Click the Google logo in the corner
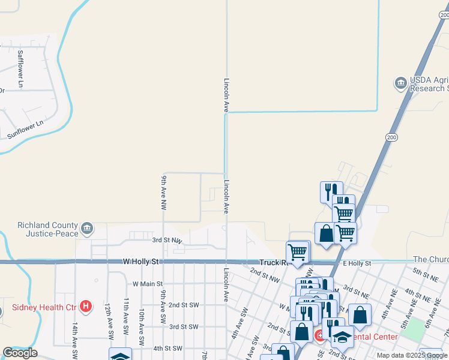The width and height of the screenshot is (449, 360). (x=20, y=353)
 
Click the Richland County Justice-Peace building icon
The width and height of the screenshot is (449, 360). (x=87, y=228)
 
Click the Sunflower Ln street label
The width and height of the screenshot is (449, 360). (x=26, y=130)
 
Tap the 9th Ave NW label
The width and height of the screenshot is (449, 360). (x=163, y=192)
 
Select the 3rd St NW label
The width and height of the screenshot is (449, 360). (x=166, y=241)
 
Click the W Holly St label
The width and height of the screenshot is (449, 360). (x=140, y=262)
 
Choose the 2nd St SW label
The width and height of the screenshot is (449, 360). (x=183, y=305)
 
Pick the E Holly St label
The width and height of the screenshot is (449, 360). (x=357, y=263)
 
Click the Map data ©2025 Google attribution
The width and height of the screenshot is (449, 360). (x=411, y=355)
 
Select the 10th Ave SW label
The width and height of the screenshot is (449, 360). (x=141, y=324)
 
